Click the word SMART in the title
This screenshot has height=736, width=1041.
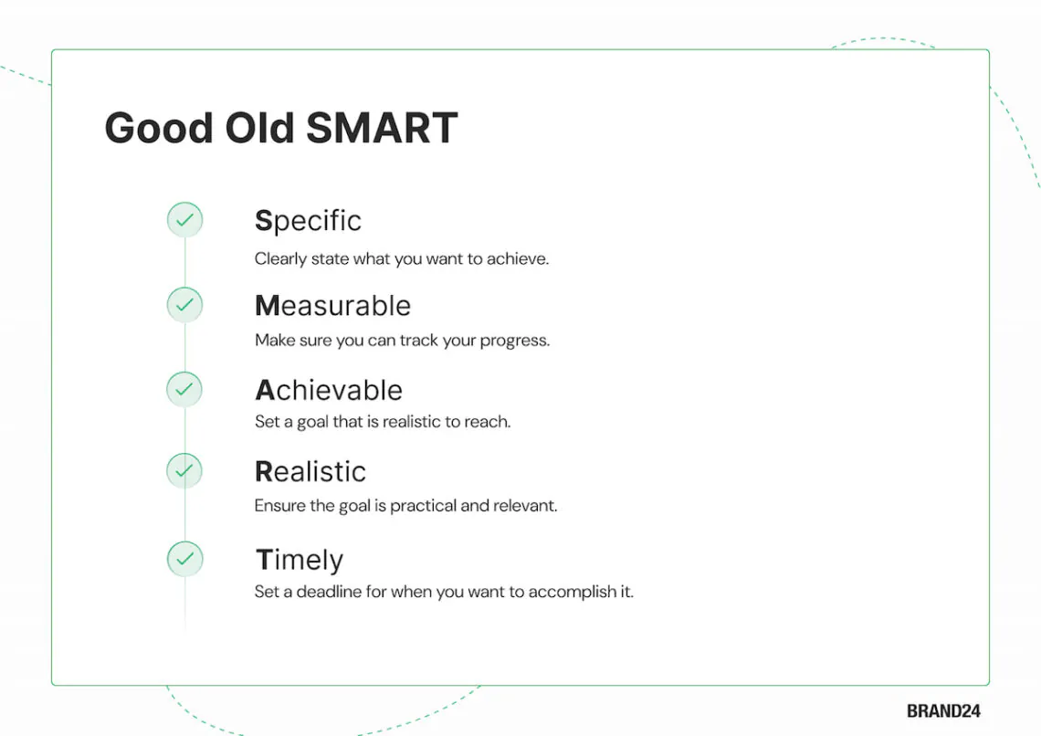[x=382, y=128]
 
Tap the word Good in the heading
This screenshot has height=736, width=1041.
[x=159, y=128]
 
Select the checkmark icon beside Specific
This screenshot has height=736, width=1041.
[x=184, y=220]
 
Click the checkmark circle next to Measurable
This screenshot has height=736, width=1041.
[x=184, y=305]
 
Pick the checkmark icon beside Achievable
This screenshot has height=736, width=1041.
[x=184, y=389]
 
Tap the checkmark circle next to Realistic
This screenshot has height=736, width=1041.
[x=184, y=470]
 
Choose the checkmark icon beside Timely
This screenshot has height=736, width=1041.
[x=184, y=559]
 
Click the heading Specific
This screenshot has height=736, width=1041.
[x=308, y=221]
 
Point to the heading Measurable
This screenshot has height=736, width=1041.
[x=333, y=306]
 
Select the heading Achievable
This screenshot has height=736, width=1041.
[x=330, y=390]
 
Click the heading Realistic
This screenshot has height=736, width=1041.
[x=310, y=472]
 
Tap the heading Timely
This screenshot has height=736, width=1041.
[x=300, y=560]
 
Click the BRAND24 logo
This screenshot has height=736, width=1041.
[x=943, y=710]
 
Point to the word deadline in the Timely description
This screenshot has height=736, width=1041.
[x=329, y=592]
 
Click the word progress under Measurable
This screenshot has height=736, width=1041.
[x=515, y=342]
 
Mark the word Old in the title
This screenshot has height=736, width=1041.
[x=259, y=128]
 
